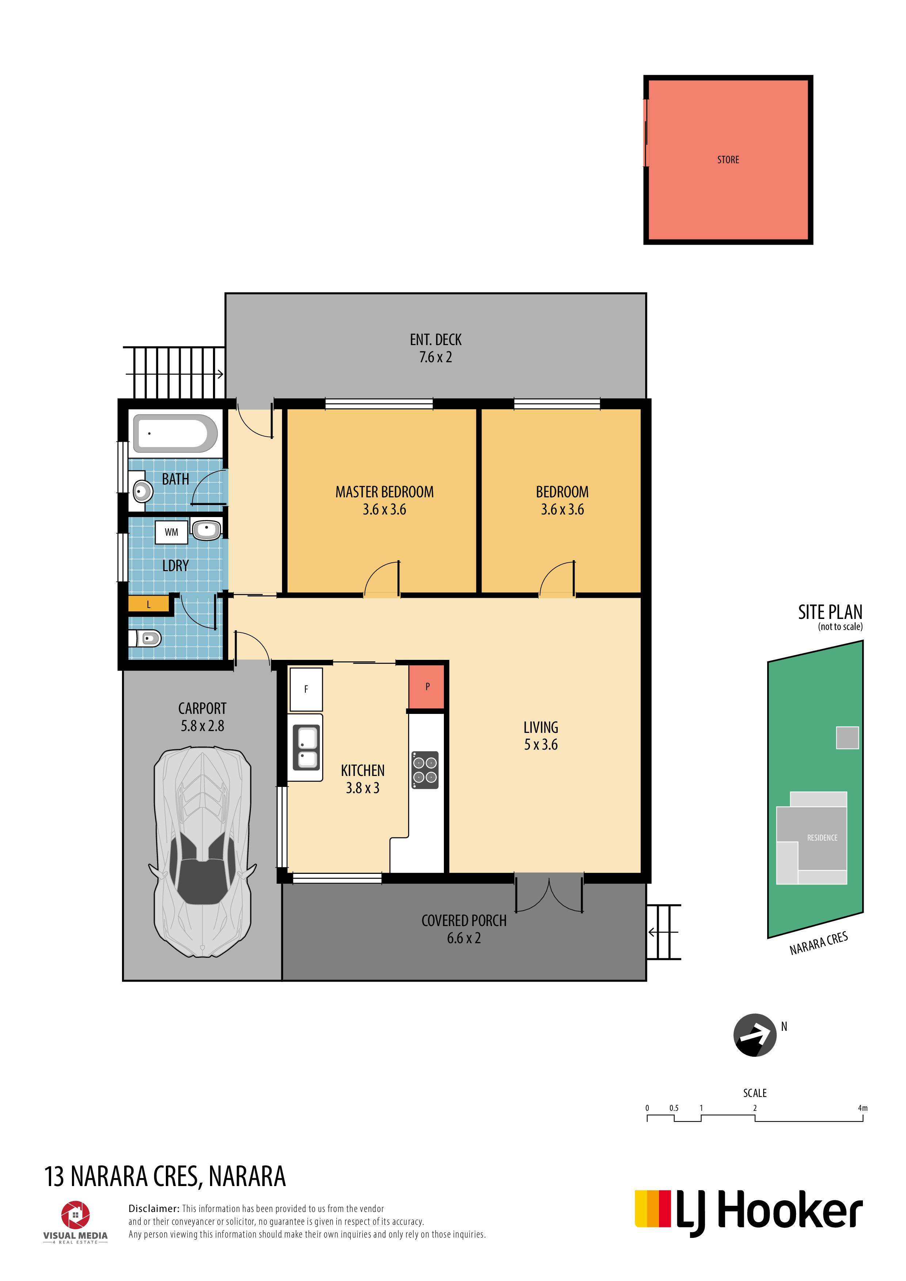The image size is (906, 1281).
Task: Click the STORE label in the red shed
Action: tap(728, 160)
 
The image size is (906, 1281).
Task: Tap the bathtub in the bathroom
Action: tap(175, 433)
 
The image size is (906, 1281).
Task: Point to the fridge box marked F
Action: tap(306, 689)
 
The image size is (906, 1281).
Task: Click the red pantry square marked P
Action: tap(427, 686)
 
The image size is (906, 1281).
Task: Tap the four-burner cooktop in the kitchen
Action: tap(425, 770)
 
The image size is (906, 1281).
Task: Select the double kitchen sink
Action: tap(305, 747)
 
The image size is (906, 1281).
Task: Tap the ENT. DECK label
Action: tap(435, 340)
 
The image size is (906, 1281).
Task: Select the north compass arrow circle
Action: tap(755, 1035)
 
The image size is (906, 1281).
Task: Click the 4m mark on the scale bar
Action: tap(863, 1108)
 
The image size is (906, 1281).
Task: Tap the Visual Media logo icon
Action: tap(75, 1215)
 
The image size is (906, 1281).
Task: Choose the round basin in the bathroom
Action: tap(143, 492)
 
